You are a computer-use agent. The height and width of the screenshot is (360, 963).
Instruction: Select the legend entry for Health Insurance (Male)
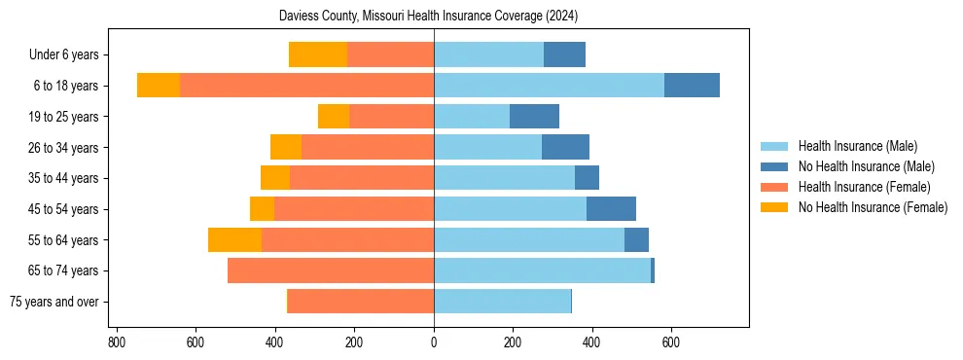857,146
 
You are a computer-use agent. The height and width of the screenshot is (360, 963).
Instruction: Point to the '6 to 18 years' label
66,86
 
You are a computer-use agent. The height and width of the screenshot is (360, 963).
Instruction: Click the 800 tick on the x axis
116,342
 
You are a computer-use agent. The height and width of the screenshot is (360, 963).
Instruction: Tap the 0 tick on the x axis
434,342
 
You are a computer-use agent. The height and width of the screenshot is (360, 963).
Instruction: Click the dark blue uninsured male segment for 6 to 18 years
692,86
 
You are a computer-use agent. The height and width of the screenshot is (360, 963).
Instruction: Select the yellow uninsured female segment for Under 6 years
318,54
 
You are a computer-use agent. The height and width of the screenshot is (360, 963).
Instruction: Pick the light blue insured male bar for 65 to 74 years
542,270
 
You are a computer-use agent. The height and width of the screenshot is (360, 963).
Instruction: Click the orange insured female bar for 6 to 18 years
306,86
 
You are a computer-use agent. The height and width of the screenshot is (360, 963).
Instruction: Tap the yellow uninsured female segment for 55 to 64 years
234,239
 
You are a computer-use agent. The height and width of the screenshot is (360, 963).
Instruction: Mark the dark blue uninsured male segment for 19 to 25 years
534,116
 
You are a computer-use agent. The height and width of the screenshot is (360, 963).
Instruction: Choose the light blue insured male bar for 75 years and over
502,302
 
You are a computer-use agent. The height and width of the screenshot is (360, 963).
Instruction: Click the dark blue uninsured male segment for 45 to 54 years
611,208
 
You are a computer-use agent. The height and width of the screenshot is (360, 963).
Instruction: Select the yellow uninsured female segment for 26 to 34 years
286,147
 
